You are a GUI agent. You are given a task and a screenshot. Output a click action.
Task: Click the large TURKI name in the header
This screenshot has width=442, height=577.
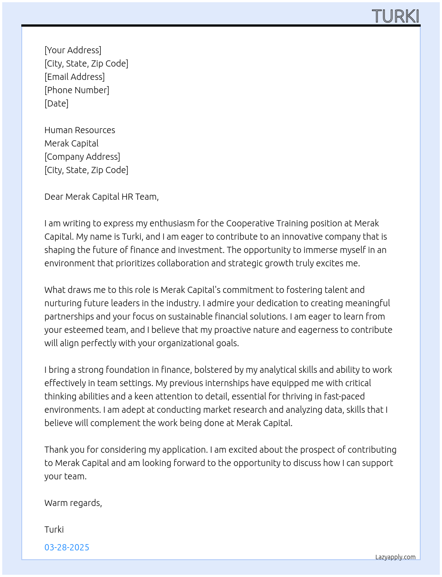[395, 16]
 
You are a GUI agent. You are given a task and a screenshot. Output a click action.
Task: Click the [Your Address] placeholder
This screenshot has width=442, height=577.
[73, 50]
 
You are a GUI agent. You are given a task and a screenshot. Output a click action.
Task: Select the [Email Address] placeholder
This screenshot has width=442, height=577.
[75, 77]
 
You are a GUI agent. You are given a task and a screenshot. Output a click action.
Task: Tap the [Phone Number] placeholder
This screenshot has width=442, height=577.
[77, 90]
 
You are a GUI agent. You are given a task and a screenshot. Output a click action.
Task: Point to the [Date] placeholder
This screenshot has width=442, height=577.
[56, 103]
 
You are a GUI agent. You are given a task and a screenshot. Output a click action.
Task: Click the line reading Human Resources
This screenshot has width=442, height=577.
[80, 130]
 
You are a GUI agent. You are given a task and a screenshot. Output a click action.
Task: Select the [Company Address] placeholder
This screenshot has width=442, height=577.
[82, 157]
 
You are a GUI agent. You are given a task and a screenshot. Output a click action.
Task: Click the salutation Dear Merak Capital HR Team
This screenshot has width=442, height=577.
[102, 197]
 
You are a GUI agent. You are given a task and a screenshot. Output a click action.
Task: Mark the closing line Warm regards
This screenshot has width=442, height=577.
[73, 503]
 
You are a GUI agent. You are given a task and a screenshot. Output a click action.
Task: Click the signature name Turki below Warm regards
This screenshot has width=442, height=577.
[54, 530]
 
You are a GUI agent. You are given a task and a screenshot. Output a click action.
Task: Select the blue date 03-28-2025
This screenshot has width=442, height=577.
[67, 547]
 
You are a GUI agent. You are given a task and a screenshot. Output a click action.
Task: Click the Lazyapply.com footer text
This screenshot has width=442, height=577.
[395, 557]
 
